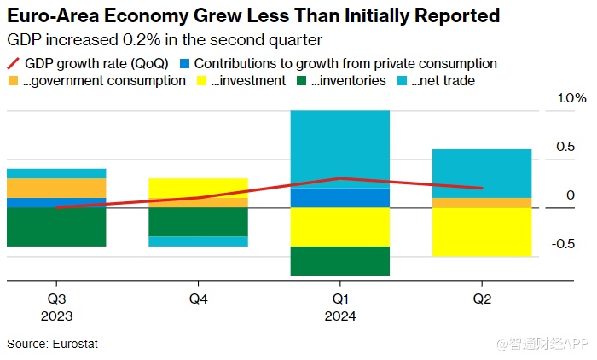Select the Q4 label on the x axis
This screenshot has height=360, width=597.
198,299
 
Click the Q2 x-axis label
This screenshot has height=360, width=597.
482,299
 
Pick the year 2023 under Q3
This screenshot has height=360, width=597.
56,316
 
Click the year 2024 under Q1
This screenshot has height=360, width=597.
339,316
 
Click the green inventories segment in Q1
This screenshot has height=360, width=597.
339,261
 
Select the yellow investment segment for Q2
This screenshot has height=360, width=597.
482,231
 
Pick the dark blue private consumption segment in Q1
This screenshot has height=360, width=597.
339,198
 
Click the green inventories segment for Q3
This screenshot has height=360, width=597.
56,227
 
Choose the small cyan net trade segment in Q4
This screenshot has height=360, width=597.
198,241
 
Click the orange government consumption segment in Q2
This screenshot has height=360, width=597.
482,202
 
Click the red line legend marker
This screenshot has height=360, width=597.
14,64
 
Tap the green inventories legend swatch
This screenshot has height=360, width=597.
301,81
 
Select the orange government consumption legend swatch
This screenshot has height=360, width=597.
13,81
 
